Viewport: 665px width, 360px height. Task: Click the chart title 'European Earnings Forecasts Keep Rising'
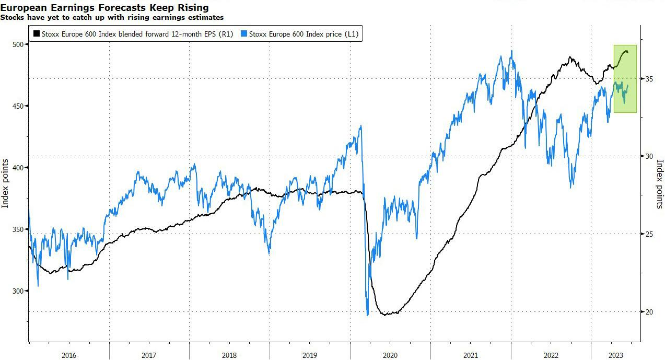(104, 7)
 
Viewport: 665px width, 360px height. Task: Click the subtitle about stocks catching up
(112, 17)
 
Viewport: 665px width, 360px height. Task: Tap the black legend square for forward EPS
(36, 34)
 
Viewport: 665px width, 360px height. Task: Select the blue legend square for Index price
(244, 34)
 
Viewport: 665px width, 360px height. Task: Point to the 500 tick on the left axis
(19, 44)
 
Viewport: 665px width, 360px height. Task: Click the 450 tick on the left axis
(19, 106)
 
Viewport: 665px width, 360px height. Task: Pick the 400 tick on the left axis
(19, 168)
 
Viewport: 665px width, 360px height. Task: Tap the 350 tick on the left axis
(19, 229)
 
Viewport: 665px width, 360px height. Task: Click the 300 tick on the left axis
(19, 291)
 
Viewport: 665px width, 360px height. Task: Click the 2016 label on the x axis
(69, 355)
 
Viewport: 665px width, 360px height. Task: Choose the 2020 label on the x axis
(390, 355)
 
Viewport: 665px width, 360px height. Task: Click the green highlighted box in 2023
(625, 78)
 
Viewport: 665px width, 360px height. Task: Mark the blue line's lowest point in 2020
(368, 315)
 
